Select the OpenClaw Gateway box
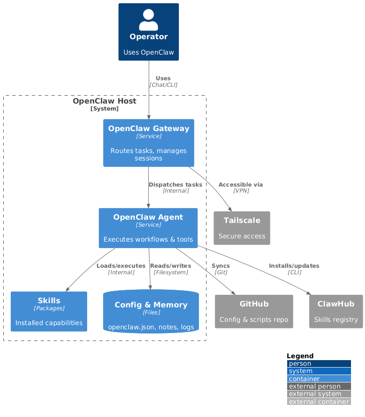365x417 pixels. [148, 143]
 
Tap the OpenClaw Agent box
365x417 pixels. [148, 228]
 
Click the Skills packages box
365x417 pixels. [49, 311]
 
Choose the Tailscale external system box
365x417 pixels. [241, 228]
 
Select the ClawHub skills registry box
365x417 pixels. [336, 311]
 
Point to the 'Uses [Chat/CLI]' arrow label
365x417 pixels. [163, 82]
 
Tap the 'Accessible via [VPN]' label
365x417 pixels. [241, 188]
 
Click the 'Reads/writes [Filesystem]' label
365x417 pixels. [171, 269]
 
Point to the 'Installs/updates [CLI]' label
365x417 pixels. [294, 269]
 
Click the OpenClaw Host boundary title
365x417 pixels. [104, 101]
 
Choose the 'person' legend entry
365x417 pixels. [319, 363]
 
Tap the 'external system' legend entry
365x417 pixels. [319, 394]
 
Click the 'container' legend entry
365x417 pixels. [319, 379]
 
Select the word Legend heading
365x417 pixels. [300, 356]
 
